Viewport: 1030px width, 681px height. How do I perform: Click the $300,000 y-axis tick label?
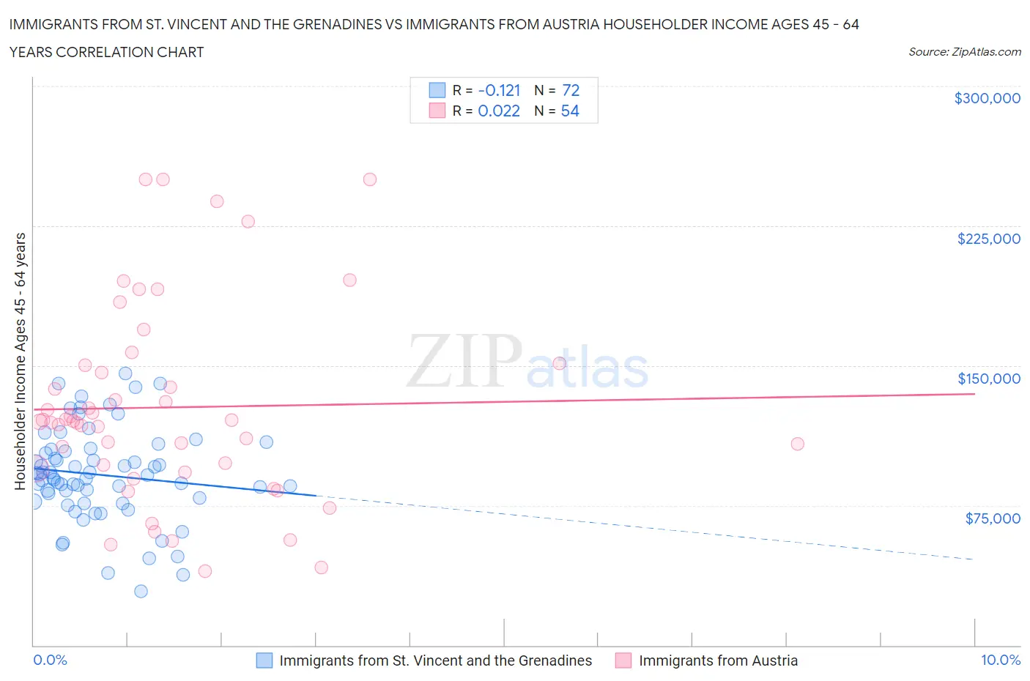tap(987, 98)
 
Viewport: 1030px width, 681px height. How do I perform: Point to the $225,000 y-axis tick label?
tap(988, 239)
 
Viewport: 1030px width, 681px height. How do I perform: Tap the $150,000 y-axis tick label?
tap(988, 379)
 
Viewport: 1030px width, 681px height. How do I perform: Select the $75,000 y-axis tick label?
tap(993, 518)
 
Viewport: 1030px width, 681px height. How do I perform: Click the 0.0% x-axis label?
tap(50, 660)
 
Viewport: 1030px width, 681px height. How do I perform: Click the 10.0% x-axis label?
tap(1000, 660)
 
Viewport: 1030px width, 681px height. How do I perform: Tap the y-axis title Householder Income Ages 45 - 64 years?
tap(20, 361)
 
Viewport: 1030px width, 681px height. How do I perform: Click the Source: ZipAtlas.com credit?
tap(964, 52)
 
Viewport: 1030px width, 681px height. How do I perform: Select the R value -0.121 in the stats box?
tap(499, 90)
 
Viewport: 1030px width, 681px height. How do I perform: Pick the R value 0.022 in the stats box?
tap(498, 111)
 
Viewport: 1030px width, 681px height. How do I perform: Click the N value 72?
tap(571, 90)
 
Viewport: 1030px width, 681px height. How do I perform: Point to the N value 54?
tap(570, 111)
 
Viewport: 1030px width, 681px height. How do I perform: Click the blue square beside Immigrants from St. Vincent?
tap(264, 660)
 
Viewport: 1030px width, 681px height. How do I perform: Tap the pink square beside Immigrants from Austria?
tap(623, 660)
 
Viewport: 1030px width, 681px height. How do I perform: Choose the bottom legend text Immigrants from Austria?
tap(718, 660)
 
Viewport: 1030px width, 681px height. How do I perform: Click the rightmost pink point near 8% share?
tap(797, 444)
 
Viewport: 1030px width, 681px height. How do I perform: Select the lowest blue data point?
tap(141, 591)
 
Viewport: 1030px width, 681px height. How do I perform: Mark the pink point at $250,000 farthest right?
tap(370, 179)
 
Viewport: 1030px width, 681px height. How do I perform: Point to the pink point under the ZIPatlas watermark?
tap(559, 363)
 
